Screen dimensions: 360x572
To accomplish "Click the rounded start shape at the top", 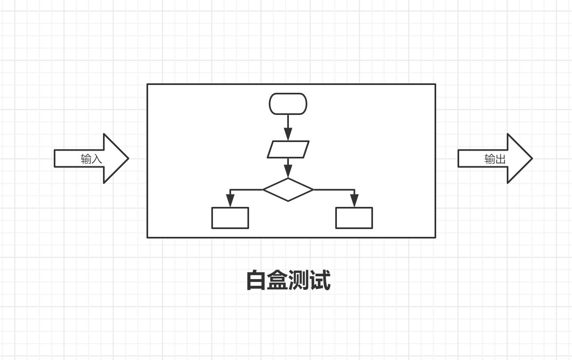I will (288, 104).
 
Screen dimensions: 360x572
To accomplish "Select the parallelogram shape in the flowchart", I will (288, 149).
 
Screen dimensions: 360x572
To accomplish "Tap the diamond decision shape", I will (288, 190).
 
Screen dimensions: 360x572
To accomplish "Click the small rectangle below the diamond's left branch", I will (230, 218).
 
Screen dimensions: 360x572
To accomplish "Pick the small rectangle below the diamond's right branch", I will (354, 218).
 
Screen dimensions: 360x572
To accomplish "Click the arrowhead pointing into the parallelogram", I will (288, 134).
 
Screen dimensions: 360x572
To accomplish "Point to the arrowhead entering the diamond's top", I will (288, 172).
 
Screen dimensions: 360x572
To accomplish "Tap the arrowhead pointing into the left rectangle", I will (230, 201).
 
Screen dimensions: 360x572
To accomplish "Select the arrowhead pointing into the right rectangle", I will (354, 201).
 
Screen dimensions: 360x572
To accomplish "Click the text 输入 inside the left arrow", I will (91, 159).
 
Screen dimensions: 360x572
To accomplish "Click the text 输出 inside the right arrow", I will (495, 159).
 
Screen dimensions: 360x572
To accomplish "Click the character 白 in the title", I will (256, 281).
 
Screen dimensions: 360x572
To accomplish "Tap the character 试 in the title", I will (320, 281).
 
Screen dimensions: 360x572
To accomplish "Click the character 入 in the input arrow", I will (96, 159).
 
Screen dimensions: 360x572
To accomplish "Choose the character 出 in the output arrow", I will (500, 159).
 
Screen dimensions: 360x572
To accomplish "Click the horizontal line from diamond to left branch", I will (246, 190).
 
